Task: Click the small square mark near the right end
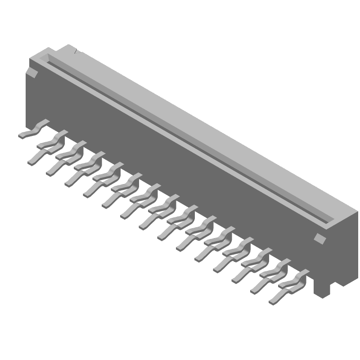point(319,238)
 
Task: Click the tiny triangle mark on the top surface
point(75,52)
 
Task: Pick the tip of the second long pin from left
point(49,173)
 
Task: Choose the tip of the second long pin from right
point(253,291)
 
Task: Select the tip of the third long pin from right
point(234,281)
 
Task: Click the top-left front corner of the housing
point(30,60)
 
